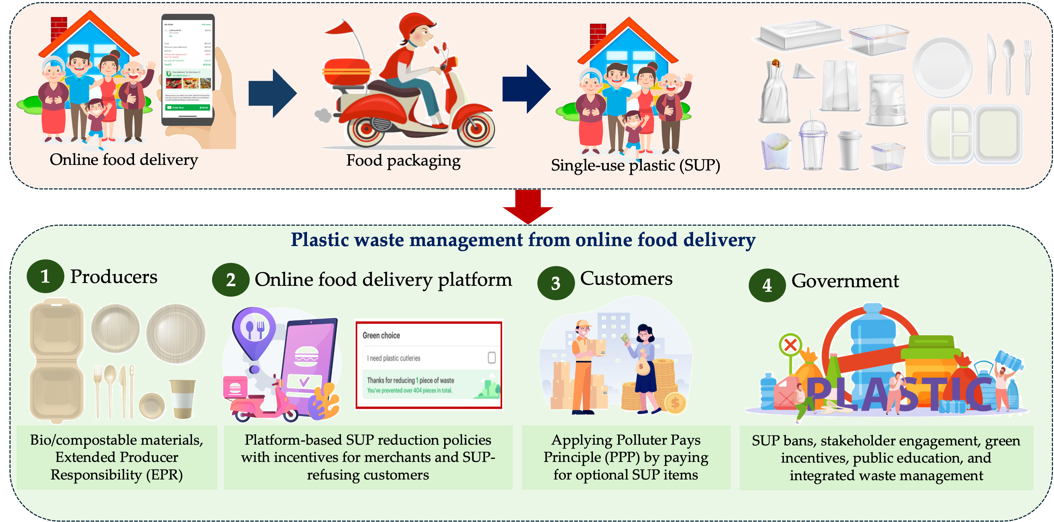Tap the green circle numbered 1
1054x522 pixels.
(45, 276)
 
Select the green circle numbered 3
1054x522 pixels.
(556, 283)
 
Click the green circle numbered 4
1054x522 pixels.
(767, 285)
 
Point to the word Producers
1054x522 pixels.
(114, 277)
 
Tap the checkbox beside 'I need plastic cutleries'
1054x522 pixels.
(491, 357)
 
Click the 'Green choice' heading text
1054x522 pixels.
(381, 335)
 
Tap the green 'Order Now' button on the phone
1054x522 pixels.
(188, 108)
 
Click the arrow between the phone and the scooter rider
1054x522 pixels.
(273, 93)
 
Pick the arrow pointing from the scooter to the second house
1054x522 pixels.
(526, 89)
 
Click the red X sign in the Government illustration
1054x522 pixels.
(791, 345)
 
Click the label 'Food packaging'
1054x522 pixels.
(403, 160)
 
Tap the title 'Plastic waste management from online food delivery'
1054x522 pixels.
(523, 240)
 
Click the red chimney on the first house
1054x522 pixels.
(58, 28)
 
